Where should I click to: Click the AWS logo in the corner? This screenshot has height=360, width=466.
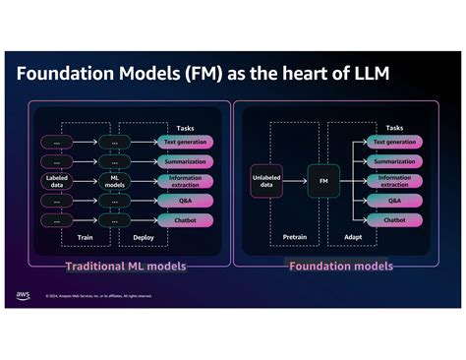click(x=23, y=294)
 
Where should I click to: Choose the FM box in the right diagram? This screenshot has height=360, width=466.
click(x=322, y=180)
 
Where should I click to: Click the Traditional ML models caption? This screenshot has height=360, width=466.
click(x=125, y=267)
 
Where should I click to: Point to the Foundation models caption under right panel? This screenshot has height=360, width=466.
click(x=340, y=267)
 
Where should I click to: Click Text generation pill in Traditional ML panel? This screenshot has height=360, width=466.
click(x=185, y=142)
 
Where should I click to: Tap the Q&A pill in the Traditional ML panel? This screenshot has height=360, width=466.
click(x=185, y=200)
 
